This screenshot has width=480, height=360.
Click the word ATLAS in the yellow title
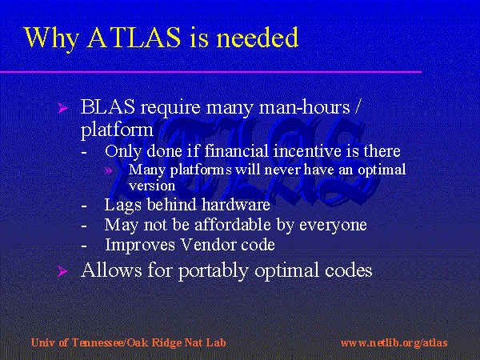pos(134,37)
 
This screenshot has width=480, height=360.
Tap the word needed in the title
pos(257,37)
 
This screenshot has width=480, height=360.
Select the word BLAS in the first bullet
pos(107,107)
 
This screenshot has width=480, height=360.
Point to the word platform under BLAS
pos(117,130)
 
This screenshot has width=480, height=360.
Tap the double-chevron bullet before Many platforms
pos(108,170)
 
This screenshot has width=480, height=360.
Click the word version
pos(152,186)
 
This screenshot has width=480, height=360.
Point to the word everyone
pos(333,226)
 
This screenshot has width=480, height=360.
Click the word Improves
pos(140,245)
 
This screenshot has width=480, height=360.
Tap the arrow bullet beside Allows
pos(62,271)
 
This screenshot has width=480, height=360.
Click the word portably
pos(213,270)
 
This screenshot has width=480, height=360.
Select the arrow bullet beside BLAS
pos(62,108)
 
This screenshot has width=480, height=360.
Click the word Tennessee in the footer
pos(98,342)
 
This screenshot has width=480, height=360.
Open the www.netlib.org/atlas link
pos(394,342)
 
